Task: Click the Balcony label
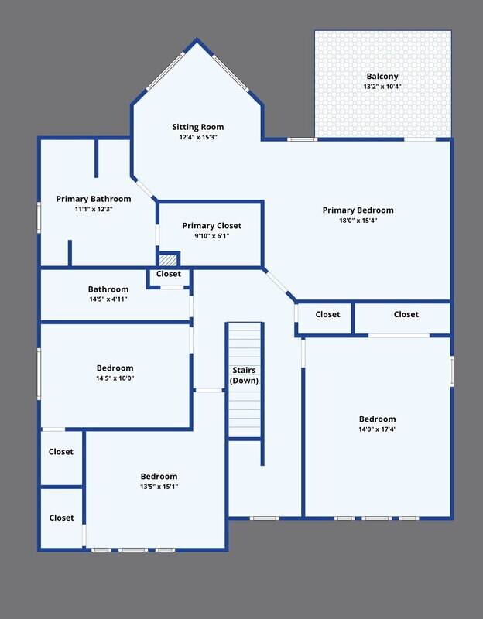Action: click(x=382, y=76)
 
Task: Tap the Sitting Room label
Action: click(x=198, y=127)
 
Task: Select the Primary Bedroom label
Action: click(x=358, y=210)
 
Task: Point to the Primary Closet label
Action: click(x=211, y=226)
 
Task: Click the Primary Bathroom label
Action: click(x=94, y=199)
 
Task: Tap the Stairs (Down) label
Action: click(x=244, y=375)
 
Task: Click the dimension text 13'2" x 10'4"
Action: click(x=382, y=87)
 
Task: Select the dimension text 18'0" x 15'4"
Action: click(x=358, y=221)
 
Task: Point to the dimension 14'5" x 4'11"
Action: click(x=108, y=299)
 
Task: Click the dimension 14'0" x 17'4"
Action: click(x=378, y=429)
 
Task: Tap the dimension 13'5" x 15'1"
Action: click(x=159, y=487)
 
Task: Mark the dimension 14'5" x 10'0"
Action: click(x=115, y=378)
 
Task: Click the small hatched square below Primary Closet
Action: click(x=168, y=260)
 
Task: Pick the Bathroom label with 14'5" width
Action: click(x=108, y=289)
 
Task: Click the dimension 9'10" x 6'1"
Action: click(x=211, y=236)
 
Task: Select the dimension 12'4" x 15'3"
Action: click(x=198, y=138)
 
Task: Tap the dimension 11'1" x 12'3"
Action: click(x=94, y=209)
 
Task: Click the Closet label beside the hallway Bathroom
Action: click(x=169, y=274)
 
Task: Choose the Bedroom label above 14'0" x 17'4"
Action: click(x=378, y=419)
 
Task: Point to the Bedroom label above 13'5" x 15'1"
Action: click(x=159, y=476)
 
